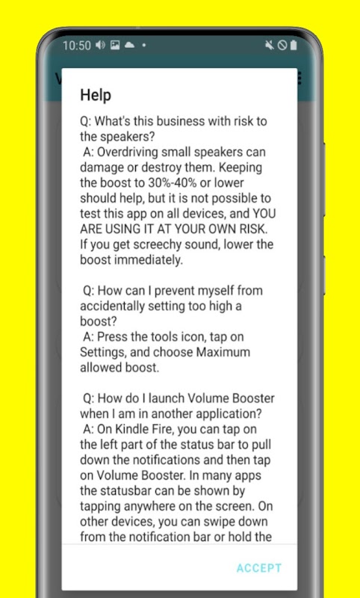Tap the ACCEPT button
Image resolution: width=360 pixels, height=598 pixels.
(259, 568)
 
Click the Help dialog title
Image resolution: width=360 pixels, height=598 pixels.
(96, 95)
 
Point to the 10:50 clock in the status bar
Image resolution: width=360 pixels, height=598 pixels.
(77, 46)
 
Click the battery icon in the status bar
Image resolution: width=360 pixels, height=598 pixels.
(293, 46)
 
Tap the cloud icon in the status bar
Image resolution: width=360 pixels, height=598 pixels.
(129, 46)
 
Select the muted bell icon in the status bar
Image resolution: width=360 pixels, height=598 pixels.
(270, 46)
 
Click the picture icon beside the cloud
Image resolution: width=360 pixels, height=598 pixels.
(115, 46)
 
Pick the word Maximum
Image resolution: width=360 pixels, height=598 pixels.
(223, 352)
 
